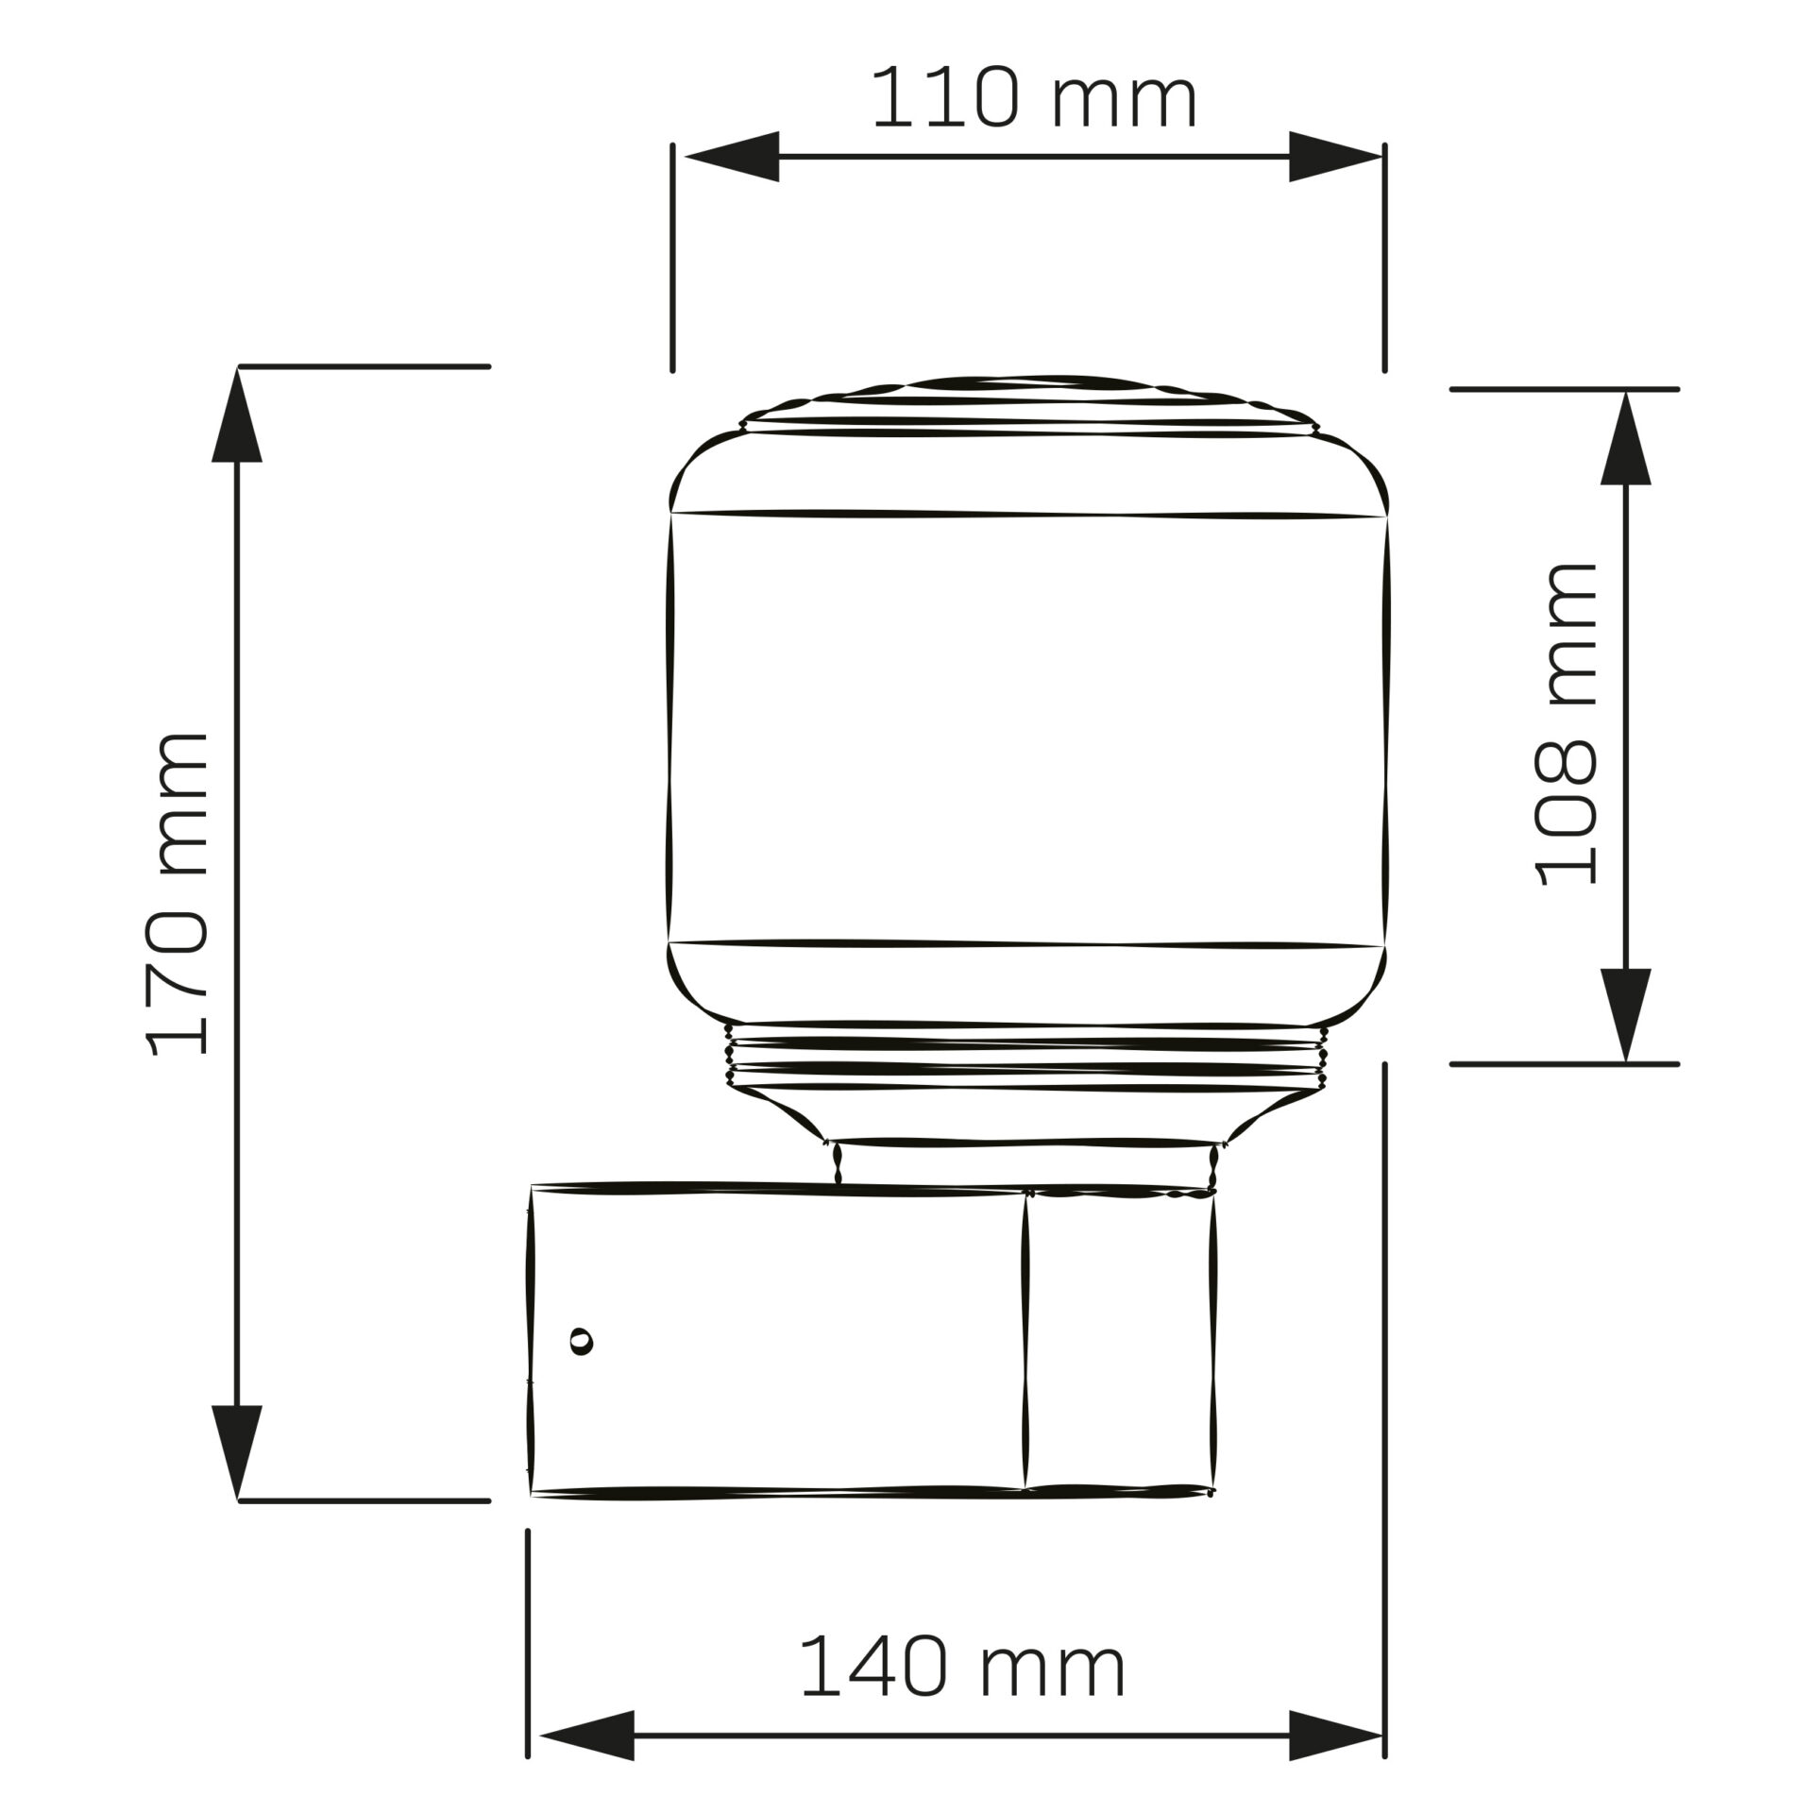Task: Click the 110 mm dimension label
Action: click(x=1034, y=99)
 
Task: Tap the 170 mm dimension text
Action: click(x=178, y=893)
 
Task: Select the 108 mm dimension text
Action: click(x=1565, y=724)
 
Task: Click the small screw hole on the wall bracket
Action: click(x=583, y=1341)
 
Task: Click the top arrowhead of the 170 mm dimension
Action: click(x=236, y=415)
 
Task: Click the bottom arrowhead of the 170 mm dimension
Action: click(x=236, y=1463)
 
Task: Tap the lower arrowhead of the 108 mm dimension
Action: click(x=1626, y=1013)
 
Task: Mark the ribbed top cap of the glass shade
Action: click(x=1027, y=404)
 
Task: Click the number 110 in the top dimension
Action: click(x=944, y=99)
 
